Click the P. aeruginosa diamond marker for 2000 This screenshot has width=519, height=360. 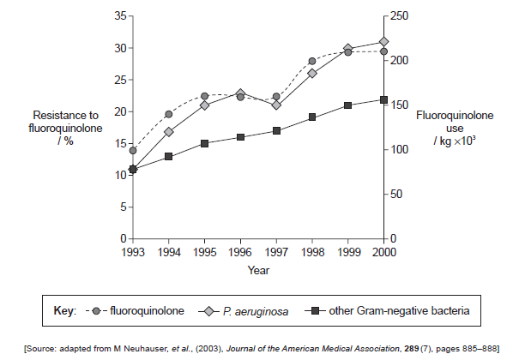point(383,41)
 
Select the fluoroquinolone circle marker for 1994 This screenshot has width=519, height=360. point(169,114)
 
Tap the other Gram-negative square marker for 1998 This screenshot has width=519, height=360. point(312,117)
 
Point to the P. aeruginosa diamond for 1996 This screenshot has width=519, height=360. point(240,93)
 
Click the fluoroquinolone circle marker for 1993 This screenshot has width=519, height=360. point(133,151)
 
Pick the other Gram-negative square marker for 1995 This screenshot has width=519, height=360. point(205,143)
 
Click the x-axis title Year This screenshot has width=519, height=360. point(258,270)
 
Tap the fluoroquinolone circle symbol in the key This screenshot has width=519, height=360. point(97,309)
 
